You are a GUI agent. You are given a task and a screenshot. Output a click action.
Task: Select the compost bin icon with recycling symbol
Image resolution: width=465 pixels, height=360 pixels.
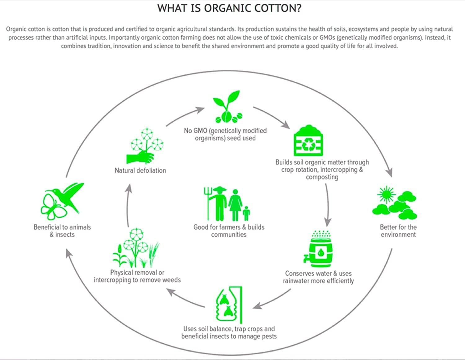[308, 140]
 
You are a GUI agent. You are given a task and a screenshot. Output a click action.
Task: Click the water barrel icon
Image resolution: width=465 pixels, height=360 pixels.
[319, 249]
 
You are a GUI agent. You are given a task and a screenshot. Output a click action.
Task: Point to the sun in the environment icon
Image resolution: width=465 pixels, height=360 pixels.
[386, 195]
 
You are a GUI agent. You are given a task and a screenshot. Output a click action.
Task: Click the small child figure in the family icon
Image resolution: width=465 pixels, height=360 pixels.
[246, 213]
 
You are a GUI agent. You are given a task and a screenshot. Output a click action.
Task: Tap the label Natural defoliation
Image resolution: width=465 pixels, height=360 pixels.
[140, 171]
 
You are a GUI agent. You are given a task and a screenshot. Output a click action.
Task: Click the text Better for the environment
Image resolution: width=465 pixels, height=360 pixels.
[398, 231]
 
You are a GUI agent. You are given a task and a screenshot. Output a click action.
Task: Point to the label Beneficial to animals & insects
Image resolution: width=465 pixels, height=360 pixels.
[62, 231]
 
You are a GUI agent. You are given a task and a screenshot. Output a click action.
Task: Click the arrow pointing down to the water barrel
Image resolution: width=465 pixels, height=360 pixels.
[328, 205]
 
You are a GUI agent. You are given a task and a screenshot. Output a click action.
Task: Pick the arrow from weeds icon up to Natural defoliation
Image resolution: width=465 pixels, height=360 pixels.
[127, 205]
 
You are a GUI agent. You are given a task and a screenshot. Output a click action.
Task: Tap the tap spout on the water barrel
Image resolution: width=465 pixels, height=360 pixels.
[306, 258]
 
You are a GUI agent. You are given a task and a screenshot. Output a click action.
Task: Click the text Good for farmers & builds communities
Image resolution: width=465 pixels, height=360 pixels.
[229, 231]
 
